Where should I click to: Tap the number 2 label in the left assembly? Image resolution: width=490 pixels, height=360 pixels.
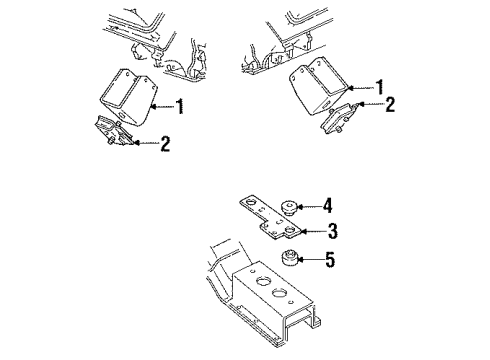point(165,145)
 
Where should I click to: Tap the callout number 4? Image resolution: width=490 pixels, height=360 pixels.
point(328,207)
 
